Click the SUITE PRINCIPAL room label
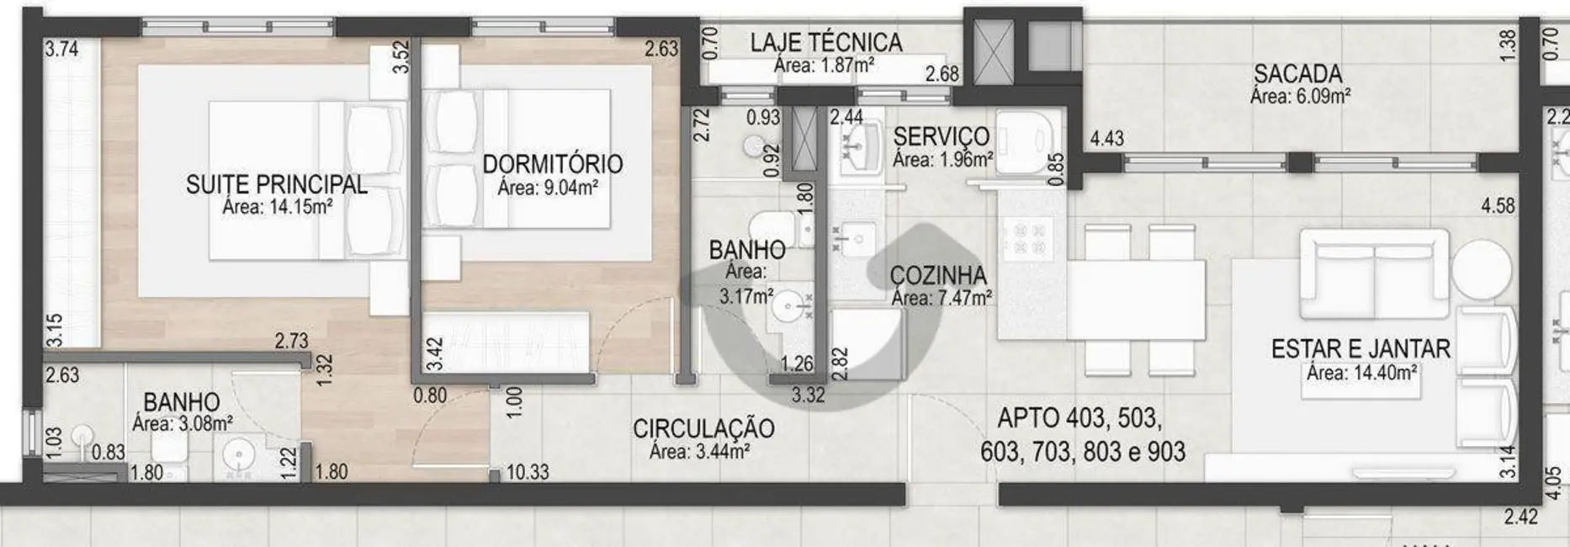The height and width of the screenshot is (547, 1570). (276, 184)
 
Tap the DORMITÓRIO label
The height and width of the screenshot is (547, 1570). (552, 163)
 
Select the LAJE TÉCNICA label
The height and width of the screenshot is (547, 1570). (825, 42)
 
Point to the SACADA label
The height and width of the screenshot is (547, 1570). (1297, 74)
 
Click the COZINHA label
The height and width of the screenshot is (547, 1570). (938, 275)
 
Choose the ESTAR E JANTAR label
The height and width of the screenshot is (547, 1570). (1360, 348)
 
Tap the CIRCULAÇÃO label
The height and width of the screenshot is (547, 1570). (703, 428)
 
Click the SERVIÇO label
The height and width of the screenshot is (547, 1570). (941, 136)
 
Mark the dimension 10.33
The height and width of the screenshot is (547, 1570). (528, 473)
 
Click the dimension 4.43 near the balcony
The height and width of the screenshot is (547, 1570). (1106, 138)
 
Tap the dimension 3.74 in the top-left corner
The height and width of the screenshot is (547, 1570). (61, 49)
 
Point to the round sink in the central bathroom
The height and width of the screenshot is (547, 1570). (788, 305)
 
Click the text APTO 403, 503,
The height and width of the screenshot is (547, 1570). (1079, 417)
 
